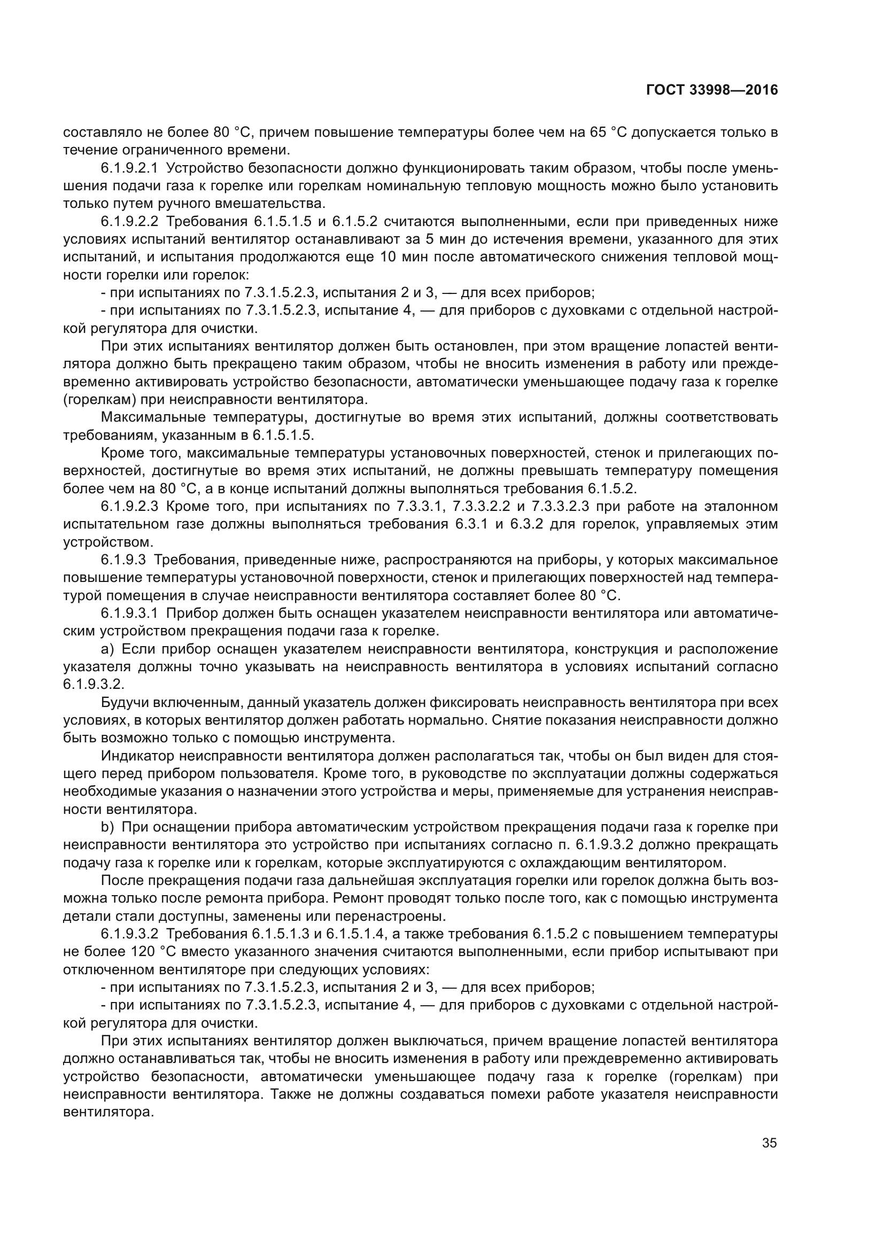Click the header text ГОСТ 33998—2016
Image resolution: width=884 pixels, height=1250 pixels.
(712, 90)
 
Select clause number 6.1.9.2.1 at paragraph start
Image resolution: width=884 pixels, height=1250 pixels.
(129, 168)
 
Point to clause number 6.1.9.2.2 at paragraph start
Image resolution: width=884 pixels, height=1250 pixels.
(129, 222)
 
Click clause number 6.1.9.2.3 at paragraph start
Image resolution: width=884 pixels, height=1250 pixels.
(129, 506)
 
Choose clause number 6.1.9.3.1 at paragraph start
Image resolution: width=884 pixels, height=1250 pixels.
(129, 614)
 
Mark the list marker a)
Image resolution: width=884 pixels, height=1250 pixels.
(107, 649)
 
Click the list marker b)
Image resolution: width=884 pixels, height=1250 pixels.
(107, 827)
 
